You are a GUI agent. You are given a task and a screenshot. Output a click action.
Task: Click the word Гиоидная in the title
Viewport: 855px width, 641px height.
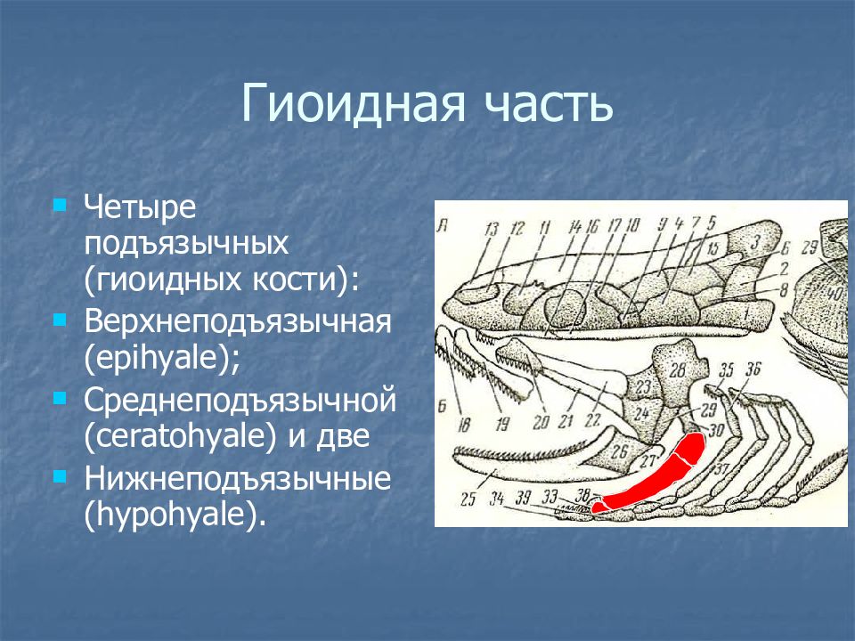click(354, 102)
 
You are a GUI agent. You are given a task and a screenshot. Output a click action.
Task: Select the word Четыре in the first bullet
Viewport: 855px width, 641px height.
click(140, 208)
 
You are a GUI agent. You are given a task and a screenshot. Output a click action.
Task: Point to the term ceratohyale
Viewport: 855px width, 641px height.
click(181, 436)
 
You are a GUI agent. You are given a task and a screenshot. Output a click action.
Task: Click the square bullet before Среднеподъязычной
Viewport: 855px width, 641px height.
click(60, 400)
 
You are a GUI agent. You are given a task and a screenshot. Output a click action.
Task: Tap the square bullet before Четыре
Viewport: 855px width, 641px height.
click(60, 206)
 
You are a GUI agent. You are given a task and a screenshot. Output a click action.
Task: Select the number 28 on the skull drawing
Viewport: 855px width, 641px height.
click(677, 370)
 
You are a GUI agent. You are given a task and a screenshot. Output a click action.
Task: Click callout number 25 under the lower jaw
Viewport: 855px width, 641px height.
click(468, 499)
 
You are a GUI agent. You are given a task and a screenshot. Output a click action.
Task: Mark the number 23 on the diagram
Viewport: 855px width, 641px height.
click(643, 387)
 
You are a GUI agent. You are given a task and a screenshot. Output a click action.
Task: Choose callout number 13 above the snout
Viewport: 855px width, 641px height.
click(492, 229)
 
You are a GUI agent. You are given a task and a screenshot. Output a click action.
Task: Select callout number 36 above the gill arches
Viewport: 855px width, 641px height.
click(753, 369)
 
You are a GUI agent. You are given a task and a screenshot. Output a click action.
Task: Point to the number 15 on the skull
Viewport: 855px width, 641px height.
click(712, 249)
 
